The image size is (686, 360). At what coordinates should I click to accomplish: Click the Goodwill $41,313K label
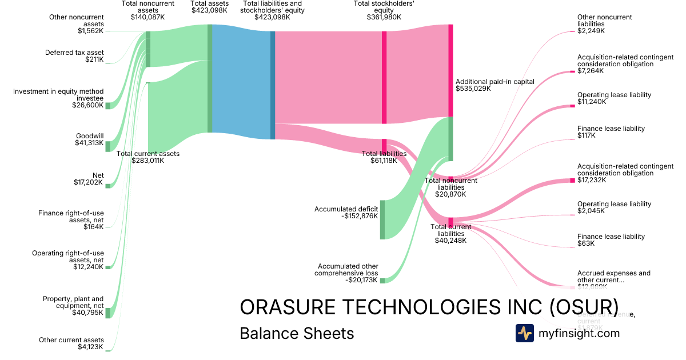[89, 139]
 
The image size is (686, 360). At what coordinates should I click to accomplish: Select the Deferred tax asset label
[74, 56]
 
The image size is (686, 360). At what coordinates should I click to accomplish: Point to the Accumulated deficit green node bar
[382, 219]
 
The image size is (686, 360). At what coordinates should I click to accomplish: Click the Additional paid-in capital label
[494, 85]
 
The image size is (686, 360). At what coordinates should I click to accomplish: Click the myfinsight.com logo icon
[524, 333]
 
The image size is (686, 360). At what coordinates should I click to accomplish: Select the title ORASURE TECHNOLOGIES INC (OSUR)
[429, 307]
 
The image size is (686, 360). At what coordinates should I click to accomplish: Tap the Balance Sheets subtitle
[297, 333]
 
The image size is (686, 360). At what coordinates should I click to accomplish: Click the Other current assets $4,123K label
[71, 343]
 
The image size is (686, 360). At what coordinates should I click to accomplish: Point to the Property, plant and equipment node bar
[107, 313]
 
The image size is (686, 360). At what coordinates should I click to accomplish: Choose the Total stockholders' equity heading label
[384, 10]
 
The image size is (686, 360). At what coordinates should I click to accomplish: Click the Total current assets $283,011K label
[147, 157]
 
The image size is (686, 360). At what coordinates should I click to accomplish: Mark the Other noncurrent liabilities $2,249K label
[604, 24]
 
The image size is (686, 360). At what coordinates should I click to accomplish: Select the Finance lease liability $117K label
[611, 132]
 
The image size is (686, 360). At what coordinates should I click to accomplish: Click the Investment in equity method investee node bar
[107, 105]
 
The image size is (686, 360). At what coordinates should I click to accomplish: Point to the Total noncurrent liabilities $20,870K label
[452, 187]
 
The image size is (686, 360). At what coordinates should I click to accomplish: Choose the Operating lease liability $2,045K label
[614, 207]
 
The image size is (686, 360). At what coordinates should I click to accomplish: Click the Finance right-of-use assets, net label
[71, 220]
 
